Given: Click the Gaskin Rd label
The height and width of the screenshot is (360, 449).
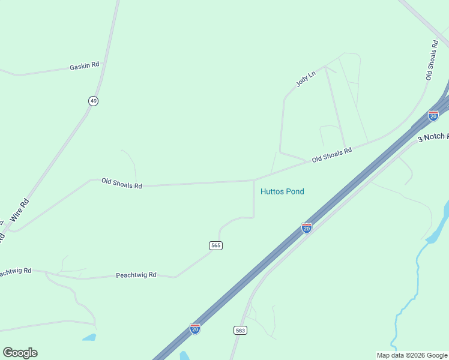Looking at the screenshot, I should tap(84, 65).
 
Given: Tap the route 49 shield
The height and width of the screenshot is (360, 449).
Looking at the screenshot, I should tap(93, 101).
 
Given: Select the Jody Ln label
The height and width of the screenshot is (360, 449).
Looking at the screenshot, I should tap(306, 79).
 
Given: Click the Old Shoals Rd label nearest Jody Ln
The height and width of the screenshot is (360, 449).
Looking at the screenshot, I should tap(331, 155).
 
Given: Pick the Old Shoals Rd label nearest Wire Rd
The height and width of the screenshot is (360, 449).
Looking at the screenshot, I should tap(121, 184).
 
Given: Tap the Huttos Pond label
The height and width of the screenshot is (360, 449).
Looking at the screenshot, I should tap(282, 191).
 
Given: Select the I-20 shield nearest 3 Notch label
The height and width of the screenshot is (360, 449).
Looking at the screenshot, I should tap(433, 116).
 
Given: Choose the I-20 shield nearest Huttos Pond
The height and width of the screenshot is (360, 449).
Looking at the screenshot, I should tap(306, 228).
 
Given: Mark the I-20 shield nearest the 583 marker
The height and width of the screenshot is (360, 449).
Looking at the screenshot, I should tap(195, 329).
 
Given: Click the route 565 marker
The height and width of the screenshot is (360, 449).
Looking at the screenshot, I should tap(216, 245).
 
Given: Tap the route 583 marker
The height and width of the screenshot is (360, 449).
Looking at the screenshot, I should tap(240, 331).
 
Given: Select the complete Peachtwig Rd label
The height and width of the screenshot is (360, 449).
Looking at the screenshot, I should tap(136, 275).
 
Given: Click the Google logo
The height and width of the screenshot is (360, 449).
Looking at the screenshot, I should tap(20, 353).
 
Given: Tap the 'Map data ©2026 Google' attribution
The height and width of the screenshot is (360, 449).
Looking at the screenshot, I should tap(412, 355).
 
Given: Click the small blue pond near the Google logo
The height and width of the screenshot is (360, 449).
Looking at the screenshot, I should tap(89, 337).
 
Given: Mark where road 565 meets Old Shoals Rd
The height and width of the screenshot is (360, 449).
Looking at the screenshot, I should tap(254, 180).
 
